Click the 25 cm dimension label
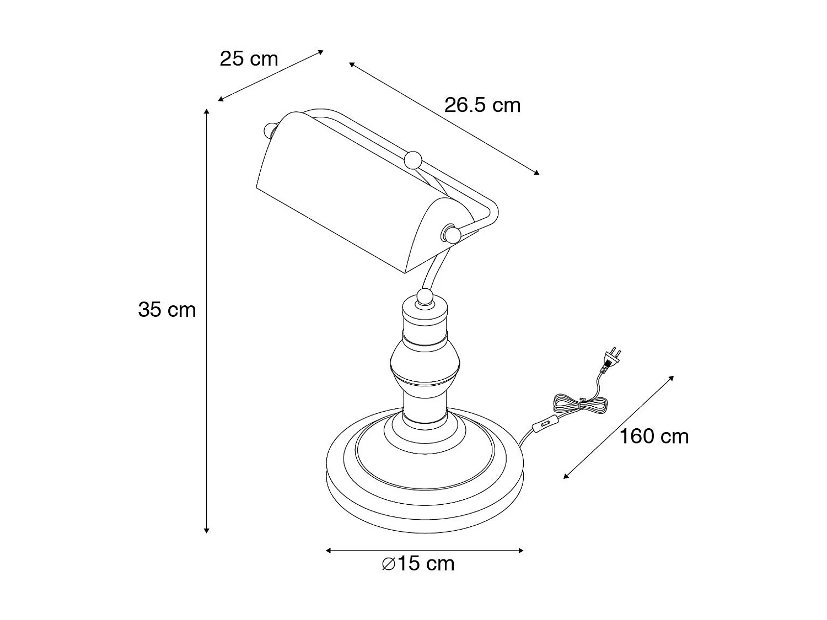click(x=249, y=59)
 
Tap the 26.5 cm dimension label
click(x=482, y=105)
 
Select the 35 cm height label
click(x=167, y=310)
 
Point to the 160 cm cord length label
click(x=654, y=436)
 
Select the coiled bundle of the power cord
click(x=580, y=405)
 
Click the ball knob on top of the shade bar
click(x=413, y=160)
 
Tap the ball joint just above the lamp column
click(x=425, y=297)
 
